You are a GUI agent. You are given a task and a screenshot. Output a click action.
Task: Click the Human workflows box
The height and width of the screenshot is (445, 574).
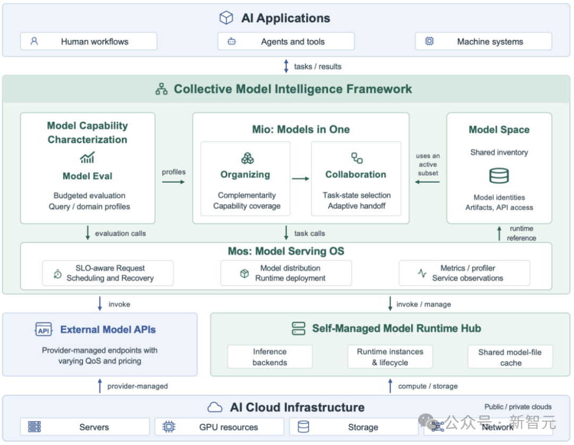(89, 41)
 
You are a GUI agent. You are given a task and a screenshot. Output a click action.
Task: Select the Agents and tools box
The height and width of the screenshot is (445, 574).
(286, 41)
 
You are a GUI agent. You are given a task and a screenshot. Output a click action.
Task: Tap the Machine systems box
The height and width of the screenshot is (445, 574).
(483, 41)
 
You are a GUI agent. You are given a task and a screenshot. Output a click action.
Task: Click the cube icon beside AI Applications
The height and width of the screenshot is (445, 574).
(226, 18)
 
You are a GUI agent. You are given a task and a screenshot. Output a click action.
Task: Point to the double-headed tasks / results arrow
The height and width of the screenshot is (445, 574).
(286, 66)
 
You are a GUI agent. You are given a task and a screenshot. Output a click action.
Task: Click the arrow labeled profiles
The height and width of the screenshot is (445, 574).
(173, 182)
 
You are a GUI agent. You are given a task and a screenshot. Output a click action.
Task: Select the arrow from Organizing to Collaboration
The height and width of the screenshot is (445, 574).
(300, 179)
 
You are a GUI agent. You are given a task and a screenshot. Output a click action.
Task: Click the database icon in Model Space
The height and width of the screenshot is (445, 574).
(499, 176)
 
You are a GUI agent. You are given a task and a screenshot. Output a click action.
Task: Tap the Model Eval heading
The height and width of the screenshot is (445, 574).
(88, 176)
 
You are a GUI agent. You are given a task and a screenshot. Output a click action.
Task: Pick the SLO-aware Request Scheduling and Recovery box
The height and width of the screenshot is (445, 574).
(108, 273)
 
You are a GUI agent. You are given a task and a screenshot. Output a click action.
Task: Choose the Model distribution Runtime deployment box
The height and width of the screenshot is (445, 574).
(286, 273)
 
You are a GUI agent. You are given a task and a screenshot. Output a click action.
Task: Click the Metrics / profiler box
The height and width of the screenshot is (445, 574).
(464, 273)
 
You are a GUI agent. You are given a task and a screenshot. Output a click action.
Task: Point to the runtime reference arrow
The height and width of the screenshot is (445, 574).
(499, 233)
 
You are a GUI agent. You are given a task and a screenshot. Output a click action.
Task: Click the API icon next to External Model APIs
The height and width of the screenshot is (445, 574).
(44, 329)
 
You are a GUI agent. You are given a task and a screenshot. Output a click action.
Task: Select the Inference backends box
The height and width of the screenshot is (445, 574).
(270, 357)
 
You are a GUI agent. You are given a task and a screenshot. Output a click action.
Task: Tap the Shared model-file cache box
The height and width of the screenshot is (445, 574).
(510, 357)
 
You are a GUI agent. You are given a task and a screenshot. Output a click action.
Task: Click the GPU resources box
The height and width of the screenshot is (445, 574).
(220, 427)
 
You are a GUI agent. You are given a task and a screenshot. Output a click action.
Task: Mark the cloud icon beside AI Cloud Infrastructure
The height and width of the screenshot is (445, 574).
(215, 407)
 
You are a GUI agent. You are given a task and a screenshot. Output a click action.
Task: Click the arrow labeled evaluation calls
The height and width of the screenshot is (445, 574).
(88, 233)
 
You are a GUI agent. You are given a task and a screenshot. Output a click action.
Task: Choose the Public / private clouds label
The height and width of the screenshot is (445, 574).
(518, 407)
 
